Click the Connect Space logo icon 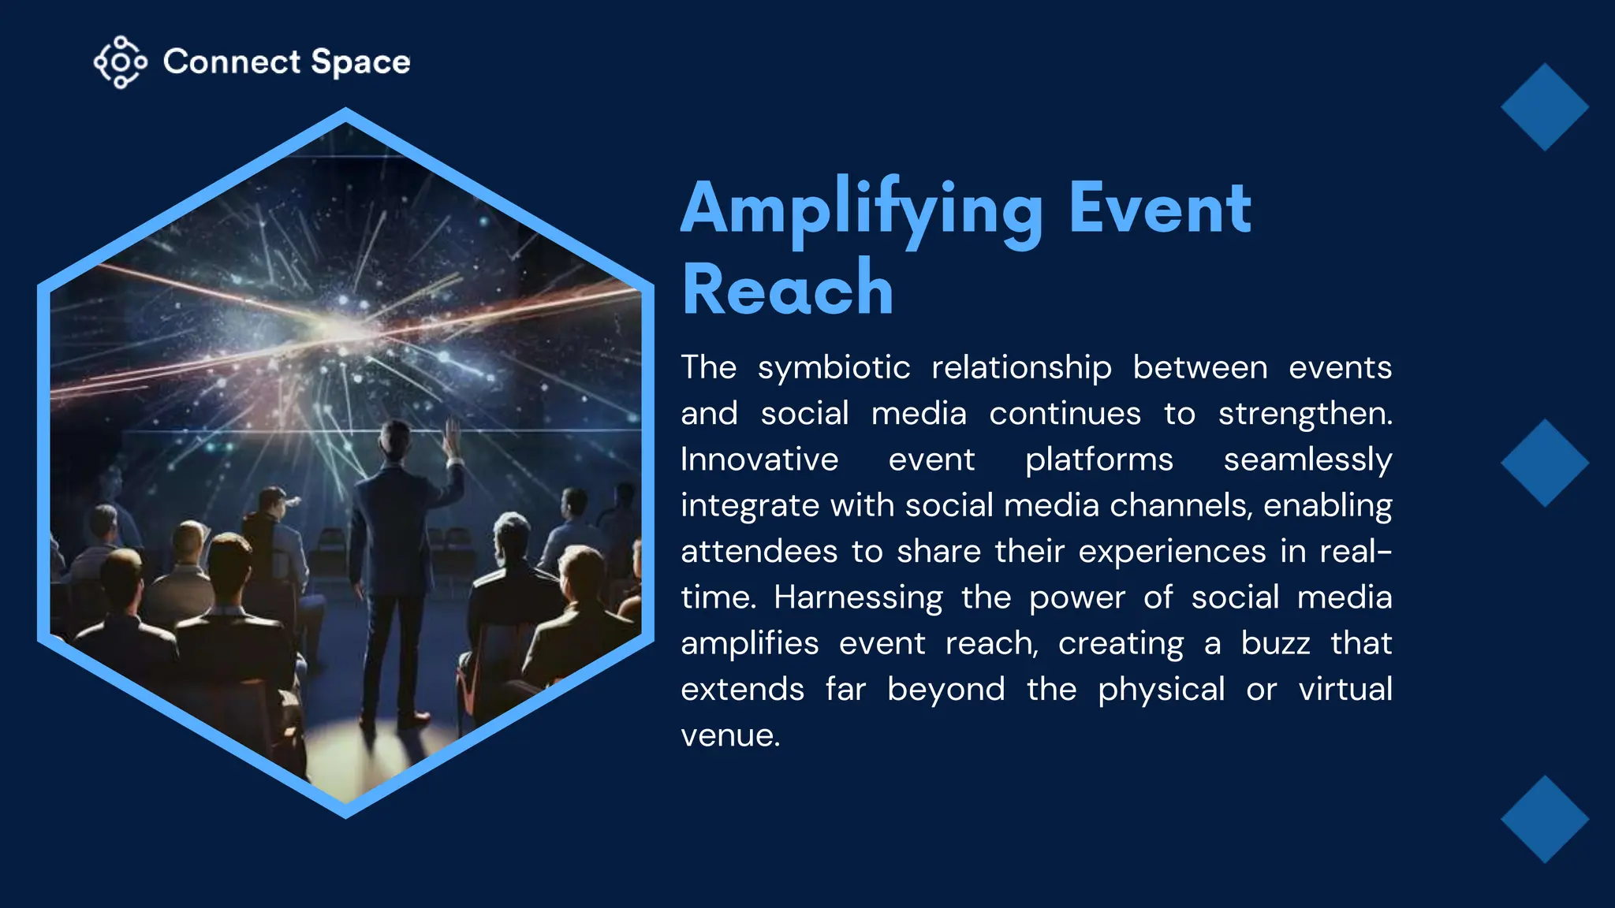click(x=120, y=61)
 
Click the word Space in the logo click(x=360, y=62)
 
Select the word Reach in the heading click(x=787, y=289)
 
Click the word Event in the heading click(x=1159, y=208)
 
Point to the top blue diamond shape click(x=1544, y=107)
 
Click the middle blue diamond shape click(x=1544, y=463)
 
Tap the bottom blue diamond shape click(x=1544, y=819)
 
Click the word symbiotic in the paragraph click(x=834, y=368)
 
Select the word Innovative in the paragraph click(x=759, y=460)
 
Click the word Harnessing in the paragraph click(x=858, y=597)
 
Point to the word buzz click(x=1275, y=643)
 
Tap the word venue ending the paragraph click(x=729, y=735)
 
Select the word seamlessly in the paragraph click(x=1307, y=460)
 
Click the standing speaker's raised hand click(x=452, y=438)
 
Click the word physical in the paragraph click(x=1161, y=690)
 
